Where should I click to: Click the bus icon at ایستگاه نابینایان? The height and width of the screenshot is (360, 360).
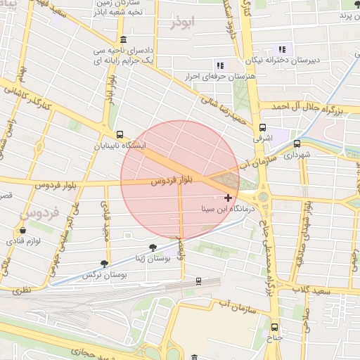point(120,134)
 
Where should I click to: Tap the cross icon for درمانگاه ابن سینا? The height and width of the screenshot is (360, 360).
point(228,198)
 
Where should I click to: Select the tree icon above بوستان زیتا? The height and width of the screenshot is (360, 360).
point(153,247)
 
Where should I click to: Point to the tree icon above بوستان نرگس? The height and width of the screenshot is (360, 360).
point(105,264)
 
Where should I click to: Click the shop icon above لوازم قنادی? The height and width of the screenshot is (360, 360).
point(23,231)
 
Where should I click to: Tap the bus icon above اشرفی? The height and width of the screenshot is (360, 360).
point(262,128)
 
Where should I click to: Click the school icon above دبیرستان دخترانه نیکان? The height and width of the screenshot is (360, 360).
point(282,49)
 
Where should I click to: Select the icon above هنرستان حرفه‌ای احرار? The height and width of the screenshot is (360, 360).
point(219,65)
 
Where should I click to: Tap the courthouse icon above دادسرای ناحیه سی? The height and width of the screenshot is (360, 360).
point(124,39)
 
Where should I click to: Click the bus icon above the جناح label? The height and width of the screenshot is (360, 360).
point(274,326)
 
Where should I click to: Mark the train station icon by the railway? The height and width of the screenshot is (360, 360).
point(198,281)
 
